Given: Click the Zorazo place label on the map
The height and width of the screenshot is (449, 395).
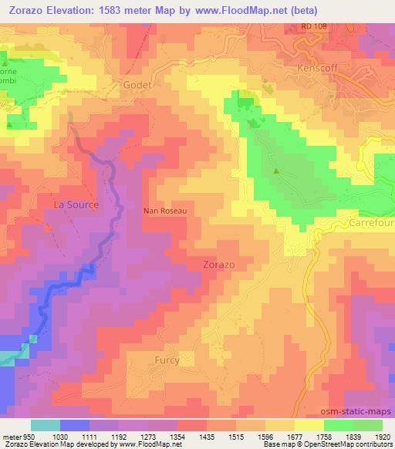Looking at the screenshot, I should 219,264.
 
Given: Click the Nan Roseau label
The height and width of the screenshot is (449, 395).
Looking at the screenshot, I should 166,209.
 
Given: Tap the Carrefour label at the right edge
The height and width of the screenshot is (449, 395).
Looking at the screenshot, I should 373,221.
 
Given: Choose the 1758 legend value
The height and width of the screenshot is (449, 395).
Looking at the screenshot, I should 325,437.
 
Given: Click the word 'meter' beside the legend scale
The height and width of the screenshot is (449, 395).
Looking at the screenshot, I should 11,437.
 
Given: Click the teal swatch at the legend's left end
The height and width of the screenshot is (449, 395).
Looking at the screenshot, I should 46,425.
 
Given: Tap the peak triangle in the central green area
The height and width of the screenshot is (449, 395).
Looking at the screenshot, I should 275,171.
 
